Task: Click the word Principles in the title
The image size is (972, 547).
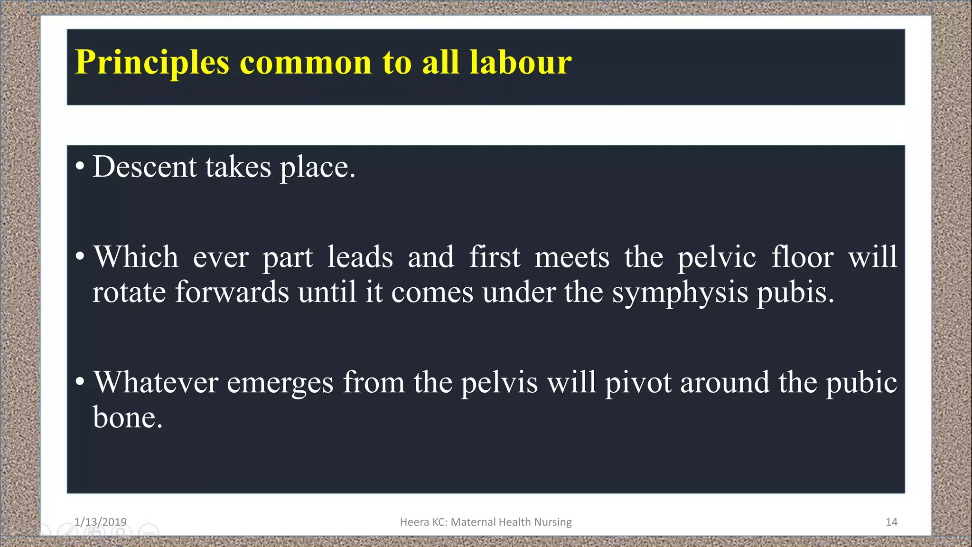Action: pos(152,63)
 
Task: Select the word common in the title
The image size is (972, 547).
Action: pos(306,63)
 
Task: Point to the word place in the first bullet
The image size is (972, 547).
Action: pos(317,168)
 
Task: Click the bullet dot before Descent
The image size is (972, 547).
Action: pos(80,167)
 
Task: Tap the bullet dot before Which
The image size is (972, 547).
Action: pos(80,257)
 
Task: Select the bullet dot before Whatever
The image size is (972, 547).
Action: pos(80,381)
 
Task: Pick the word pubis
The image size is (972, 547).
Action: pos(794,292)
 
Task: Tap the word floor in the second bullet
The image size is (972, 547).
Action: pos(802,257)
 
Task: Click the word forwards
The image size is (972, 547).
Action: pos(232,292)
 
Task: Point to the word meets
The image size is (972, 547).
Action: pos(572,257)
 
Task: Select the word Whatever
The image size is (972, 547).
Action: pos(156,382)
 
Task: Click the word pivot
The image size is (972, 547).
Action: pos(638,382)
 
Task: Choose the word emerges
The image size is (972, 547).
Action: pos(280,383)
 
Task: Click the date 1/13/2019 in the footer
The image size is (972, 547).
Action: pos(100,522)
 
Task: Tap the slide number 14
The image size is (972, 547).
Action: pos(891,522)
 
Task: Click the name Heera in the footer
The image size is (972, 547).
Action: pos(414,522)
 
